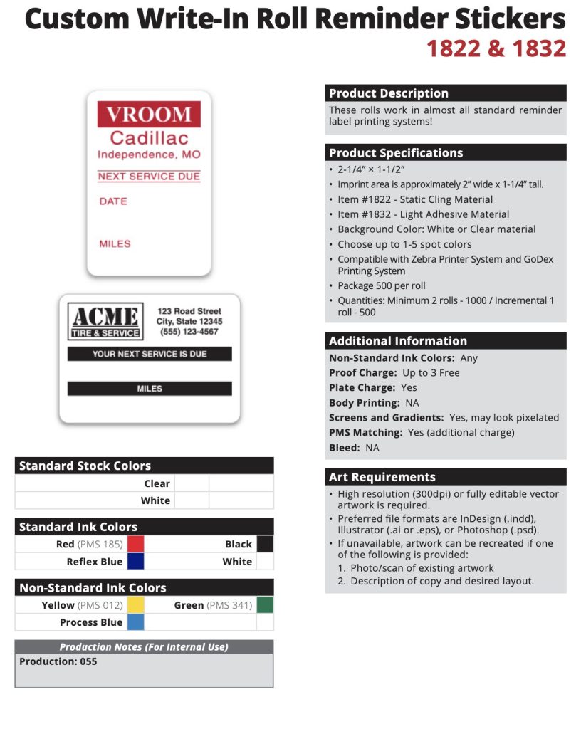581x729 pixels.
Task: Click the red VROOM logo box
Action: coord(149,114)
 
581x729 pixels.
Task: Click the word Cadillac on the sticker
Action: coord(149,137)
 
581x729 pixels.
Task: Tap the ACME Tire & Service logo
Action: coord(104,321)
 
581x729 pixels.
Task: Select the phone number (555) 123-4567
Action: coord(189,332)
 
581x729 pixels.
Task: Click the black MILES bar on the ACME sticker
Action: coord(150,389)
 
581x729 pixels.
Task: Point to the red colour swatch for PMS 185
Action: coord(135,544)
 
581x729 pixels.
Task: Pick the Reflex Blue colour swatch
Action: coord(135,562)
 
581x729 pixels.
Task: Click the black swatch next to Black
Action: coord(265,544)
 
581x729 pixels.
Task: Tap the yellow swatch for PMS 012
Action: coord(135,605)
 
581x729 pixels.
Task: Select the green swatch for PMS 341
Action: coord(265,605)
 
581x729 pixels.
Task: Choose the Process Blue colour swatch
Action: coord(135,622)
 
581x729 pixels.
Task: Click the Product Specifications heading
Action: coord(396,153)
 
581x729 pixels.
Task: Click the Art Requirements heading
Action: coord(382,477)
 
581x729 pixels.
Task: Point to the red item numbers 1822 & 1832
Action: coord(496,48)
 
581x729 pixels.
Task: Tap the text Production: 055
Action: coord(58,661)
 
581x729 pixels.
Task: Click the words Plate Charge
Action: coord(362,388)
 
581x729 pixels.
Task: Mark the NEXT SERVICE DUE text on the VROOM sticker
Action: coord(149,177)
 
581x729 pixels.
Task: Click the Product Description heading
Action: coord(389,93)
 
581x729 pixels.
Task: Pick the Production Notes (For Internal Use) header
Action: coord(144,647)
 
